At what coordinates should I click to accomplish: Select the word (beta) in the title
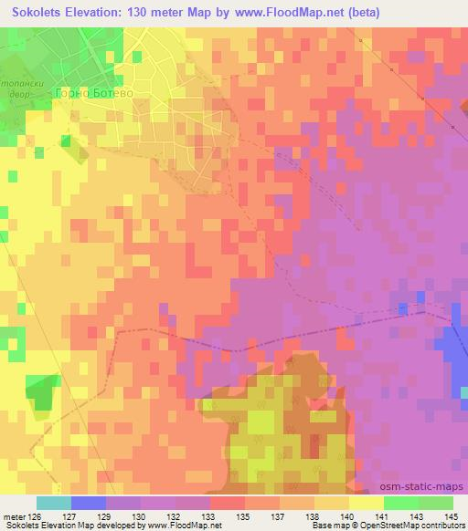click(x=360, y=12)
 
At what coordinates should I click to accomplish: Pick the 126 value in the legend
click(x=37, y=516)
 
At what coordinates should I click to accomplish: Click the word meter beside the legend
click(x=14, y=516)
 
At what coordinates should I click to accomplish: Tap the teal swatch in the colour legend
click(x=54, y=503)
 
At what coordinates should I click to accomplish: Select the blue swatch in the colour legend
click(x=89, y=503)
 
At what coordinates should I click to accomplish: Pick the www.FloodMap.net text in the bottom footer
click(x=183, y=526)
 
